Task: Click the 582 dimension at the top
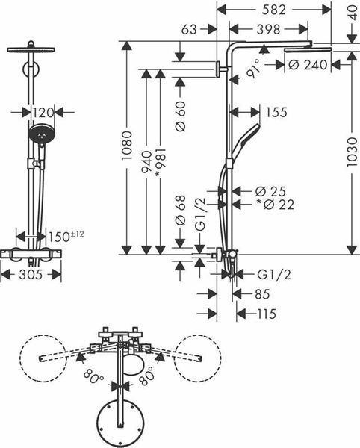click(273, 10)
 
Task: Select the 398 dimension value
click(268, 29)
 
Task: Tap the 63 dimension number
click(189, 29)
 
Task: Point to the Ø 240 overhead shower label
click(308, 65)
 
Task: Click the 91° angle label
click(253, 69)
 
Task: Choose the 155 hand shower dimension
click(276, 112)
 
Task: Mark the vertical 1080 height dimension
click(126, 146)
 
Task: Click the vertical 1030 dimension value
click(352, 152)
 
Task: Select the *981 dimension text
click(160, 162)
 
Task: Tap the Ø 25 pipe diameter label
click(270, 191)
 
